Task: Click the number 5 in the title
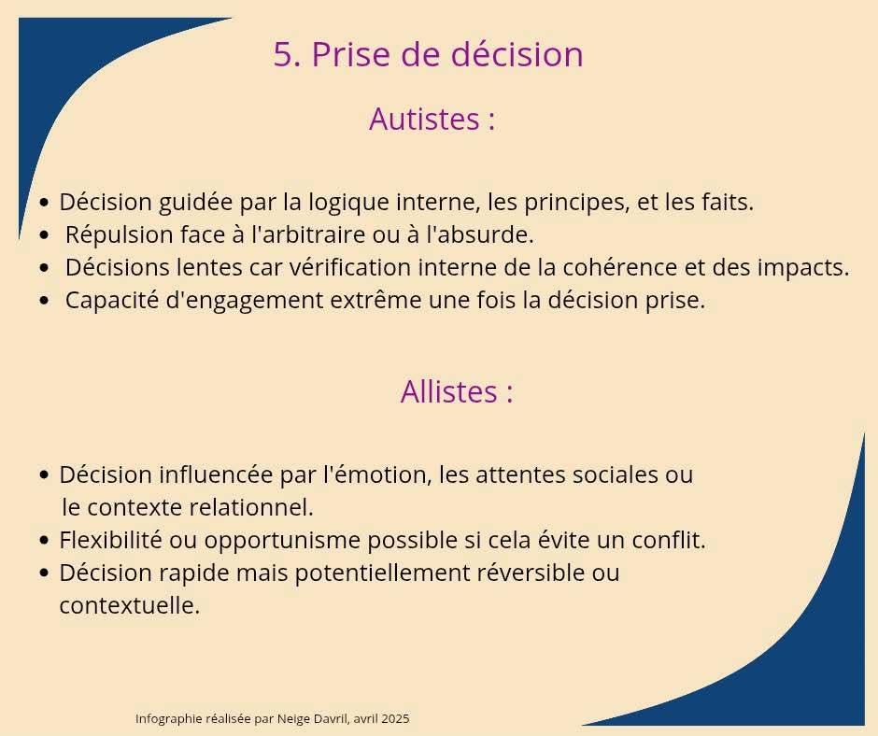(285, 55)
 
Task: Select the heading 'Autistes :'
(432, 119)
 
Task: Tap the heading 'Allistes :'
(457, 391)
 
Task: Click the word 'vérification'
(350, 267)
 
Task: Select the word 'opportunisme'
(282, 541)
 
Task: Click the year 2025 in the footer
(395, 718)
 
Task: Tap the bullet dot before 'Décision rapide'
(45, 573)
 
